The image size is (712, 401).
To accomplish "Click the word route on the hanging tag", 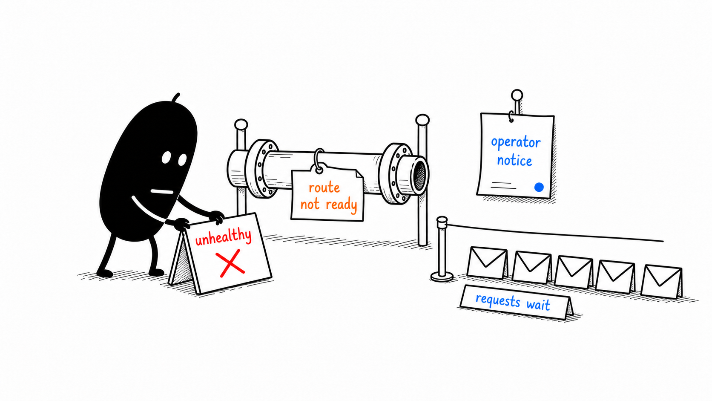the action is tap(324, 188).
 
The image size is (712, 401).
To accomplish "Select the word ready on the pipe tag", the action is tap(342, 205).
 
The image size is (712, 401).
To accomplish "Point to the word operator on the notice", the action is tap(516, 142).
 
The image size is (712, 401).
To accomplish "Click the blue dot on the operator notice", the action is tap(539, 187).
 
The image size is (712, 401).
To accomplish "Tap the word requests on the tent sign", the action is tap(498, 300).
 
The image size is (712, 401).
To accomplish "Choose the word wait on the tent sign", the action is tap(538, 305).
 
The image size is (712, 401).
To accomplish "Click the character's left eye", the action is tap(166, 158).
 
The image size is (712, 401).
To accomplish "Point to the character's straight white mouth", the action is tap(162, 192).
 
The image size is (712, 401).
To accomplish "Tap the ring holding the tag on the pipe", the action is tap(319, 161).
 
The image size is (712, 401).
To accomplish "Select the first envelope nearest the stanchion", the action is tap(487, 263).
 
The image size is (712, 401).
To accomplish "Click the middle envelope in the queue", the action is tap(574, 272).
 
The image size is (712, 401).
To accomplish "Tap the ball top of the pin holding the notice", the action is tap(517, 95).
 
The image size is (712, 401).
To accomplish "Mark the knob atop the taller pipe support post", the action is tap(422, 120).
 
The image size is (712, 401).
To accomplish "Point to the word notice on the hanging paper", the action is tap(514, 161).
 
